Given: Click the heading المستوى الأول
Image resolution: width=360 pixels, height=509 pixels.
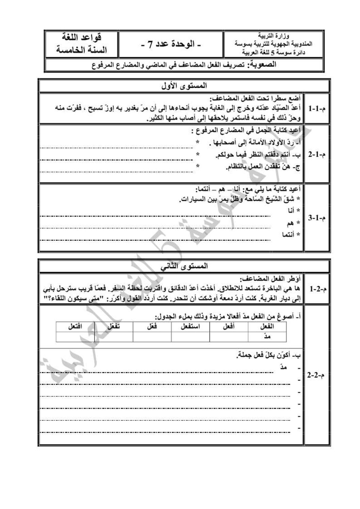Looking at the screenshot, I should [184, 86].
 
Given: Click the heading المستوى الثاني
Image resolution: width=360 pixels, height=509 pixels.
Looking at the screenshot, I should [184, 266].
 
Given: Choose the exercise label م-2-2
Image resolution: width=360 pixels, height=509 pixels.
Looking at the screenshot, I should [316, 376].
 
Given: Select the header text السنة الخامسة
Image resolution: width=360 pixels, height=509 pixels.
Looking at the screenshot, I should [82, 50].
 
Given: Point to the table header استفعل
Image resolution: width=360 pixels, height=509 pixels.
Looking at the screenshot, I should [191, 326].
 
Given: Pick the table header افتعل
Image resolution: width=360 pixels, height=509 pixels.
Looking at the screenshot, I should [75, 326].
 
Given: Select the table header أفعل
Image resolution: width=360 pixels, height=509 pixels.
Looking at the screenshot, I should [229, 326].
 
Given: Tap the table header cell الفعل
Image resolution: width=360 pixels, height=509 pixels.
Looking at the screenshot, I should [267, 326].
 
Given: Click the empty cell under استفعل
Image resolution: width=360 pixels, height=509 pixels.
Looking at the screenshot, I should [191, 337].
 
